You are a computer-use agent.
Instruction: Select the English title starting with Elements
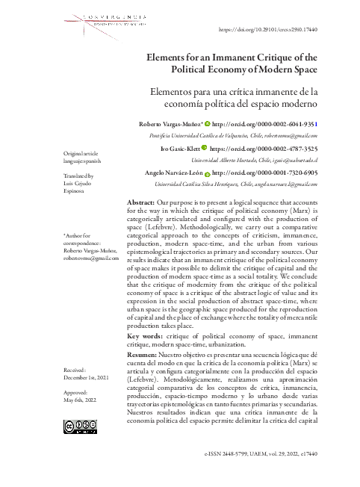(233, 63)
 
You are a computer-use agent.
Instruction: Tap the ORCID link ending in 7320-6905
(265, 173)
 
